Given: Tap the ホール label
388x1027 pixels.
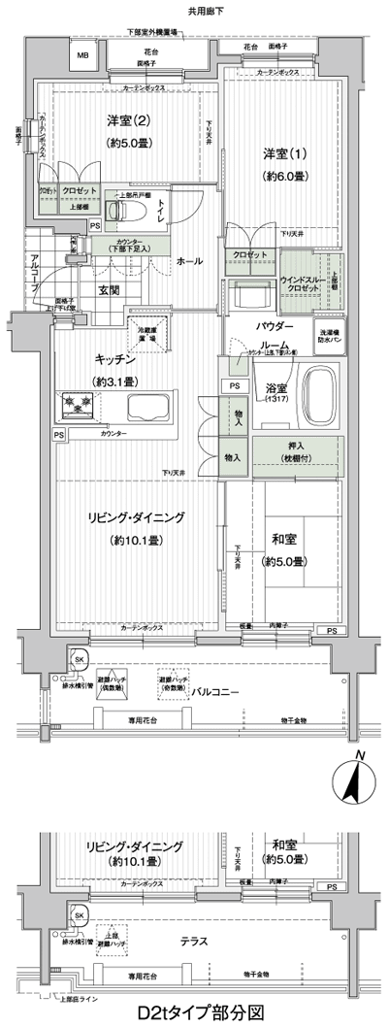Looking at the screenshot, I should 189,262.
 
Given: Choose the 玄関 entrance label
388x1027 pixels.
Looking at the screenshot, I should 108,289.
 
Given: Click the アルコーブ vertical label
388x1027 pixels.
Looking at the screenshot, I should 33,266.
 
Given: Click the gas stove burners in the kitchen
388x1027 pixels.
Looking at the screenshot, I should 77,402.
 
